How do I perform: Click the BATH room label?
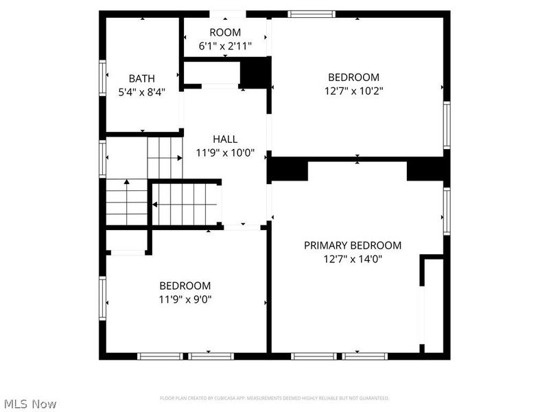tap(142, 78)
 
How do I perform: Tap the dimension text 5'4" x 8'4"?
tap(142, 91)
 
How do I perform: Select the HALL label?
tap(225, 139)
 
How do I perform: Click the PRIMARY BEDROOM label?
tap(353, 245)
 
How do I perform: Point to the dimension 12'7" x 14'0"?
tap(353, 259)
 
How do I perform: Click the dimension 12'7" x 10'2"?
tap(353, 91)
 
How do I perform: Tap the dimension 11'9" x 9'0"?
tap(185, 299)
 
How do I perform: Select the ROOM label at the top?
tap(225, 32)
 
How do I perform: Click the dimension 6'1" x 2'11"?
tap(225, 46)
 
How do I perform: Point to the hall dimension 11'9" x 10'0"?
tap(225, 153)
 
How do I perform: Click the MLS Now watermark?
tap(30, 404)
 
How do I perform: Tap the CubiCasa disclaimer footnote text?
tap(274, 398)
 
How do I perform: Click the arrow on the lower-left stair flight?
tap(127, 183)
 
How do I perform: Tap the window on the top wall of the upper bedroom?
tap(312, 14)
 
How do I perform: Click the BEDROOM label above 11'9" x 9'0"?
tap(185, 286)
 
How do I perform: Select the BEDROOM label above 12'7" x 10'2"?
tap(353, 78)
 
